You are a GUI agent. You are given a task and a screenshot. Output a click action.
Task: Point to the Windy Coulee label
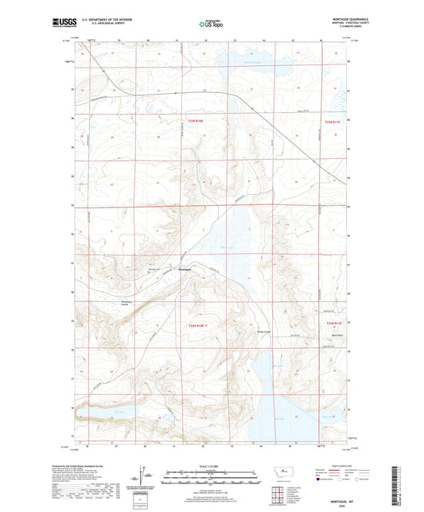click(x=263, y=332)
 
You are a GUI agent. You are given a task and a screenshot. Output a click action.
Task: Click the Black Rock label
click(x=336, y=336)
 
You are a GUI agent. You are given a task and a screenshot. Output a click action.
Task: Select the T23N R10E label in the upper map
click(x=196, y=121)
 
